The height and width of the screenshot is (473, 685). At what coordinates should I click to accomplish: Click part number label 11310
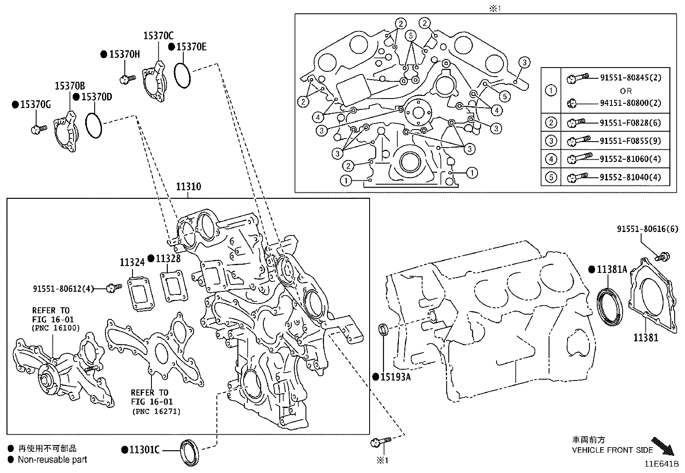pyautogui.click(x=188, y=187)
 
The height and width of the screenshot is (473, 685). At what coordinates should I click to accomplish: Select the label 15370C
pyautogui.click(x=158, y=36)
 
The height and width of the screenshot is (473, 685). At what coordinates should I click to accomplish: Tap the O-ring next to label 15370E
pyautogui.click(x=182, y=76)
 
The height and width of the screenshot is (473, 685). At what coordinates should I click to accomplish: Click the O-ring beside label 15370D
pyautogui.click(x=93, y=125)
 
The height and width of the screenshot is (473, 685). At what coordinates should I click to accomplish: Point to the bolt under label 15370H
pyautogui.click(x=127, y=79)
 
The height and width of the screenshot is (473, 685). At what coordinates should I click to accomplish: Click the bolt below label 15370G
pyautogui.click(x=38, y=128)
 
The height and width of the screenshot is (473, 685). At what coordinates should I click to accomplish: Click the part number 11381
pyautogui.click(x=645, y=337)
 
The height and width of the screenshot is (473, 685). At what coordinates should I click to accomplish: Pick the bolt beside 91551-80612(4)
pyautogui.click(x=114, y=288)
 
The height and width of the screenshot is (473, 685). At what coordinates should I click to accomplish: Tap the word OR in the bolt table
pyautogui.click(x=626, y=91)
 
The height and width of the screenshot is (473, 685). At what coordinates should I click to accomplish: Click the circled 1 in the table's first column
pyautogui.click(x=551, y=90)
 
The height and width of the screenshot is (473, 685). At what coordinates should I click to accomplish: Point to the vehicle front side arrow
pyautogui.click(x=662, y=446)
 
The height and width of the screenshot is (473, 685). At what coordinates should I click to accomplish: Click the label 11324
pyautogui.click(x=132, y=262)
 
